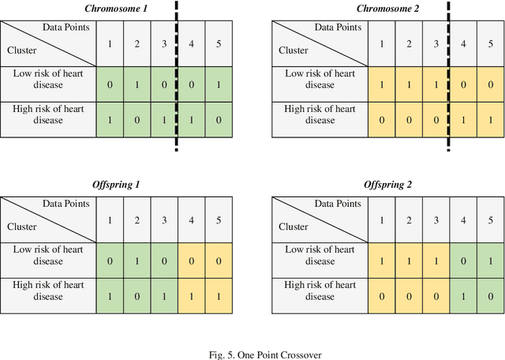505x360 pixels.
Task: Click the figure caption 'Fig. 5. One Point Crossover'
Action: pos(252,354)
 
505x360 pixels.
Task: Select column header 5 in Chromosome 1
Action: pos(219,43)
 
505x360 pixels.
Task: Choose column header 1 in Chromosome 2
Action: pos(382,43)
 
